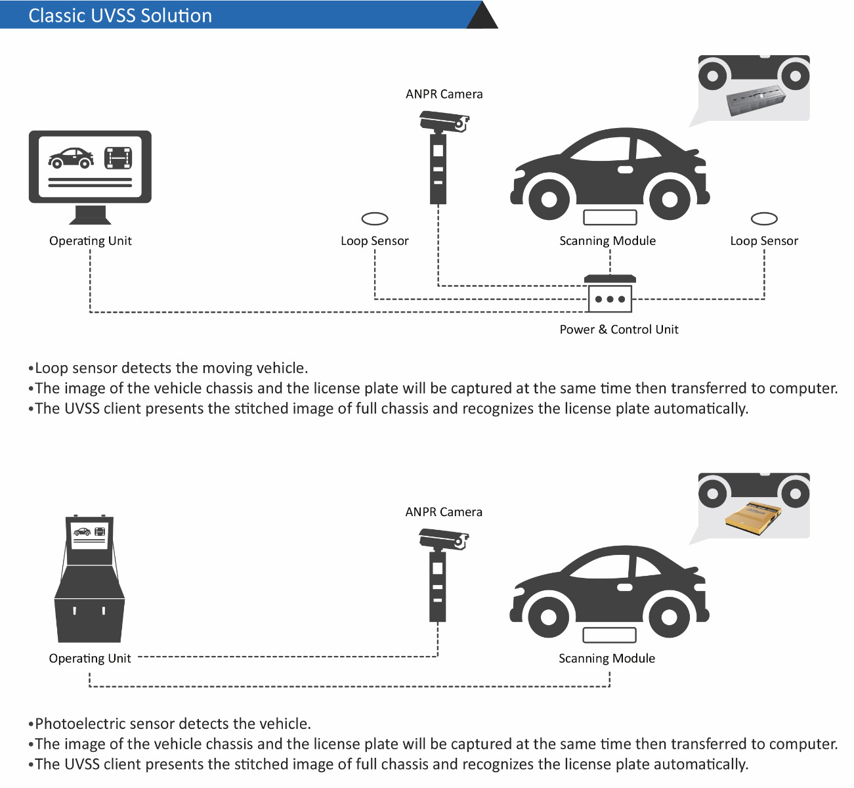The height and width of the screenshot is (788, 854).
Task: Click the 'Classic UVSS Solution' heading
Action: (x=120, y=16)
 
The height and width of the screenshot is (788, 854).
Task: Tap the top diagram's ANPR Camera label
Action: (x=444, y=94)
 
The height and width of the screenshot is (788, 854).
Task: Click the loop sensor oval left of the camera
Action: (x=375, y=219)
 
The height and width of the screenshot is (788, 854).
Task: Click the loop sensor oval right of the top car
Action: (x=764, y=219)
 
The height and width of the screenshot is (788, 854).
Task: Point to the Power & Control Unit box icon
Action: (x=610, y=295)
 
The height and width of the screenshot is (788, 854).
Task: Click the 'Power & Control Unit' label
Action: (x=618, y=330)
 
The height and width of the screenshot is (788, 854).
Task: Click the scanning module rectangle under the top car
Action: (x=610, y=217)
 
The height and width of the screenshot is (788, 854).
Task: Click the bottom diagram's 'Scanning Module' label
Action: (x=607, y=659)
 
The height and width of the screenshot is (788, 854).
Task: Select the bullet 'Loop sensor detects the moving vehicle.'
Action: (x=171, y=368)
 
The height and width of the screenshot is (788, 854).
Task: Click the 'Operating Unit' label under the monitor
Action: (x=90, y=241)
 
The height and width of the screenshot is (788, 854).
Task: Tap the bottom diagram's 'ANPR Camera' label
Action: (x=444, y=512)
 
